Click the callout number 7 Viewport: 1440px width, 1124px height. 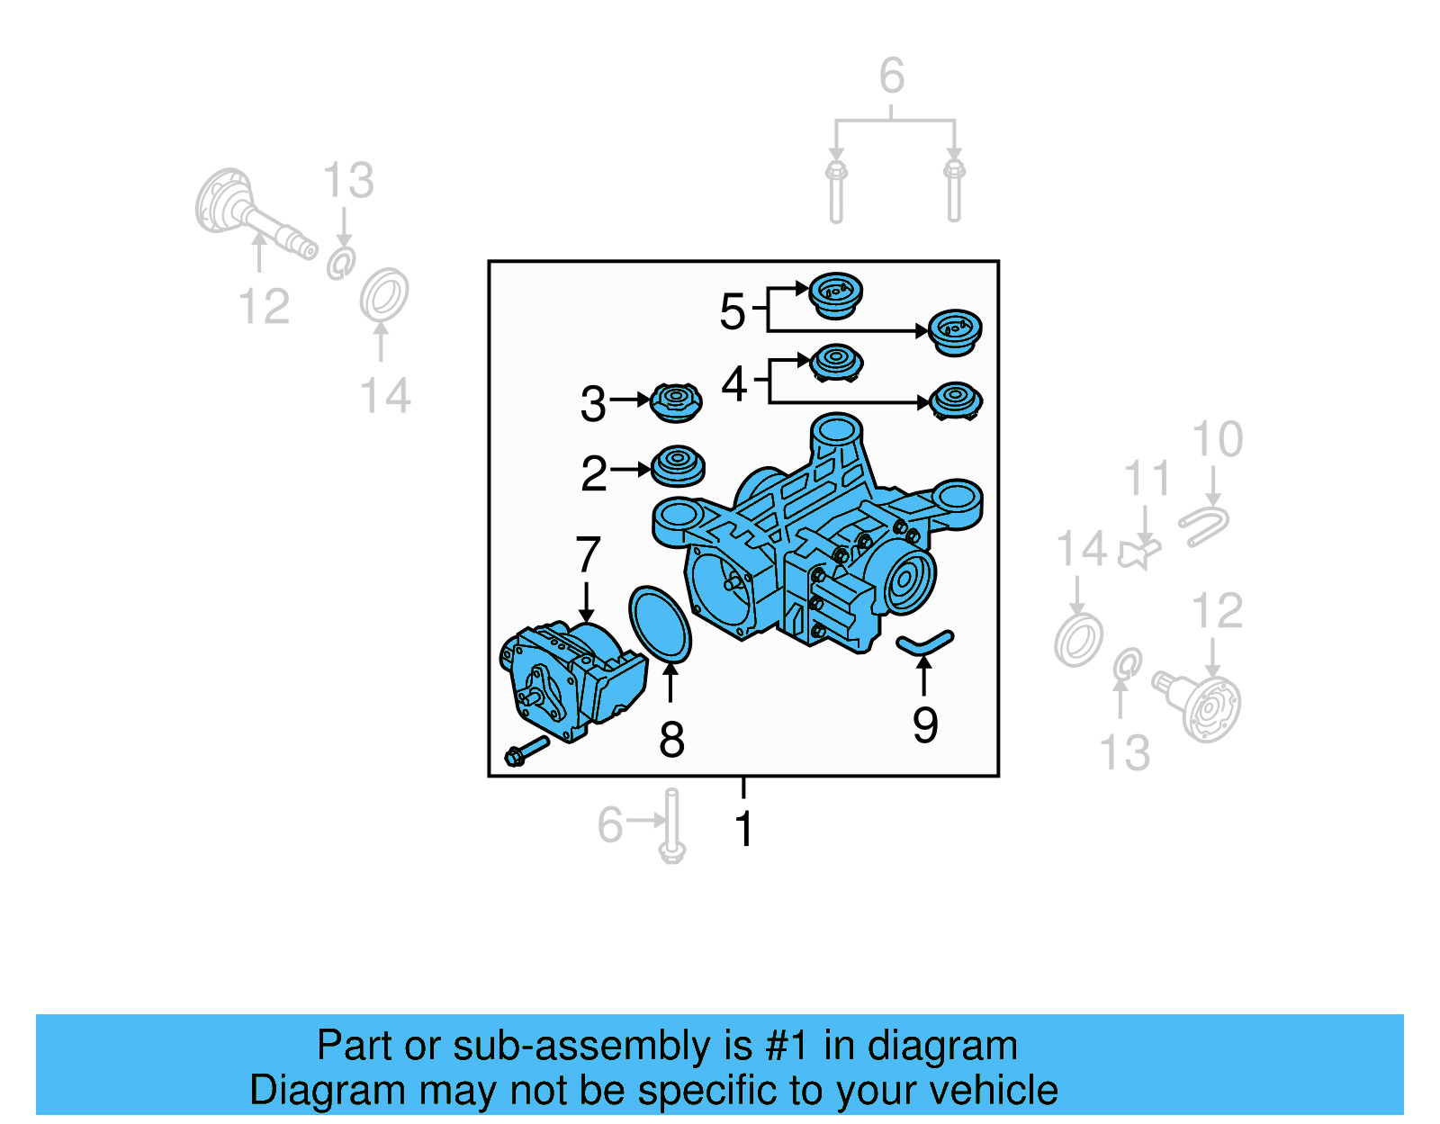[x=588, y=553]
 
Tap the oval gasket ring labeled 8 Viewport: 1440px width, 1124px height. [x=660, y=624]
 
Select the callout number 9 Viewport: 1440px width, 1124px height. [x=925, y=724]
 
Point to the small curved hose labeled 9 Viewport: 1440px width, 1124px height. [x=924, y=642]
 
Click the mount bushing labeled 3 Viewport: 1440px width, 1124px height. [x=676, y=402]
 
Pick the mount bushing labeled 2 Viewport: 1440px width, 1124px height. [x=678, y=466]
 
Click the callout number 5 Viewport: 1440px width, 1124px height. [x=733, y=311]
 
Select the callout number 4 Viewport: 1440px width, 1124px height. [x=734, y=384]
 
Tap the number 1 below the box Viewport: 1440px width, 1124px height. [x=743, y=828]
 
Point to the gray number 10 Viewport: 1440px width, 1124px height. [x=1217, y=439]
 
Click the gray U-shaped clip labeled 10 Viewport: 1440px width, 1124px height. [x=1204, y=526]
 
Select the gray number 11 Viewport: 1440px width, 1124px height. [x=1147, y=478]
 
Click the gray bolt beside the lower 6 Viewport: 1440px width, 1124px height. [x=671, y=825]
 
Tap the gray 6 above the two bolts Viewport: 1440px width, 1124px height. [x=892, y=76]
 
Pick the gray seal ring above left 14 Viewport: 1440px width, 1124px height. [x=384, y=293]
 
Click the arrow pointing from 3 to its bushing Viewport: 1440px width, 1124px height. [x=631, y=399]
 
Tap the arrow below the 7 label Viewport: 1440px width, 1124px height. [x=587, y=601]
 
